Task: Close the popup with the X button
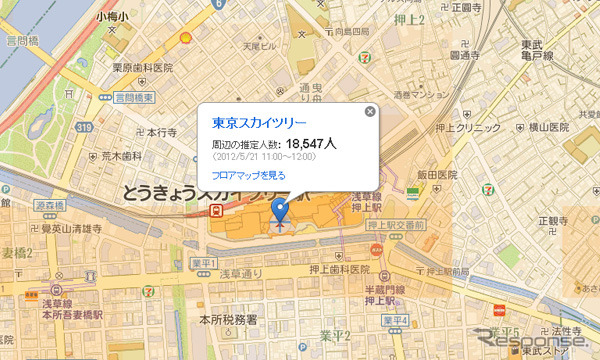(370, 111)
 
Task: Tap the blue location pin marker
(280, 211)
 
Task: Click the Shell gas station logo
(184, 38)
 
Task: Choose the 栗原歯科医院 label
(143, 69)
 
